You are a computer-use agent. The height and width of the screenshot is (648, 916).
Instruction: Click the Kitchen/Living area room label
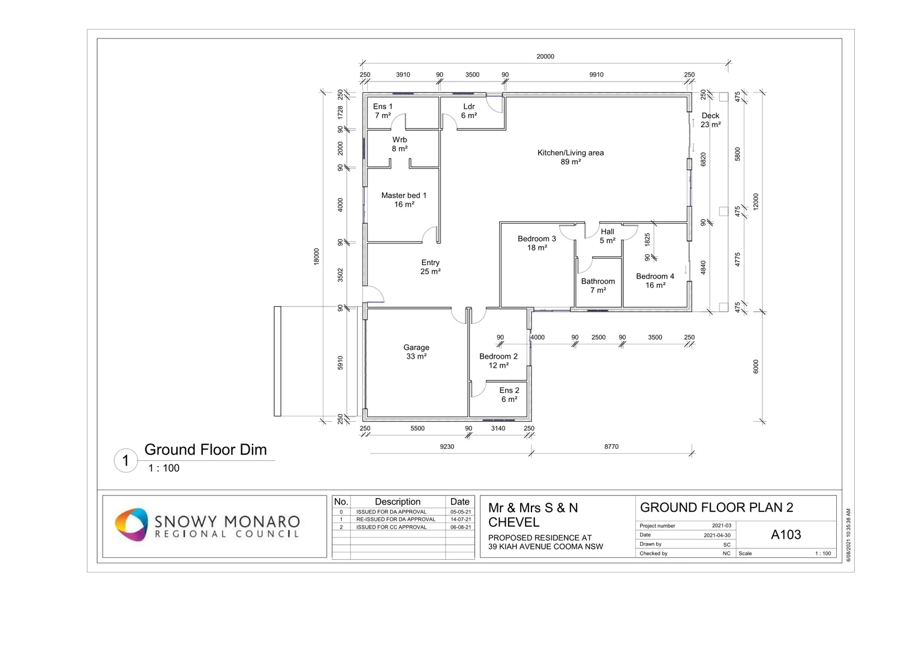tap(570, 157)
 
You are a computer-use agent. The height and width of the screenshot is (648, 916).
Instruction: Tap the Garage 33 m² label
tap(416, 352)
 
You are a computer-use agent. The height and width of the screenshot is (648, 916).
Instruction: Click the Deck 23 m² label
tap(710, 120)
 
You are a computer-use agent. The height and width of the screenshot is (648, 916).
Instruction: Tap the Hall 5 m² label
tap(607, 236)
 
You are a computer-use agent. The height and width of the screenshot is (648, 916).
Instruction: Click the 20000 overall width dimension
tap(545, 56)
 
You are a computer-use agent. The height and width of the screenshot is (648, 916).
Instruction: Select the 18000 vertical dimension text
tap(316, 257)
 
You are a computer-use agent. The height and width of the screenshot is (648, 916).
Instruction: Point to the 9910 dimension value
tap(596, 74)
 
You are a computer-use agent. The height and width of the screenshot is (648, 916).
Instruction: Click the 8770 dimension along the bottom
tap(611, 446)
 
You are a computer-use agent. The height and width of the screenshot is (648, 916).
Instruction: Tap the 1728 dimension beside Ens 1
tap(340, 113)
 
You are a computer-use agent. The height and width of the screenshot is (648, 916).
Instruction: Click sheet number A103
tap(786, 534)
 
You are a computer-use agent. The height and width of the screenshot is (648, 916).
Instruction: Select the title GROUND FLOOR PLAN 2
tap(716, 507)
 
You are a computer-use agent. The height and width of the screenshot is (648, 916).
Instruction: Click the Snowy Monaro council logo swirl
tap(131, 524)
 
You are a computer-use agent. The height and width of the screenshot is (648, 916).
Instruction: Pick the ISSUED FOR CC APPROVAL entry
tap(391, 527)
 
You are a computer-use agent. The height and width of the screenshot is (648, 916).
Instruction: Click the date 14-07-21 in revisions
tap(461, 519)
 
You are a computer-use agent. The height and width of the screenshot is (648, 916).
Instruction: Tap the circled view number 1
tap(126, 461)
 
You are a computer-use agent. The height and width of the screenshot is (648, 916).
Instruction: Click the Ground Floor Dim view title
tap(205, 449)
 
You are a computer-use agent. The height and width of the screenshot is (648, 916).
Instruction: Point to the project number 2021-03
tap(722, 526)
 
